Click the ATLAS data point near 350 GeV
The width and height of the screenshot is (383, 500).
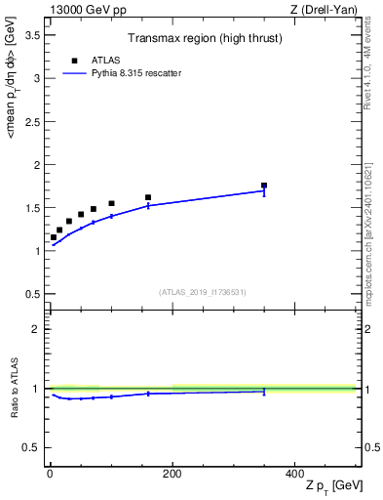tap(264, 185)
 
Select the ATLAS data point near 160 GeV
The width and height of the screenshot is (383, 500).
tap(148, 197)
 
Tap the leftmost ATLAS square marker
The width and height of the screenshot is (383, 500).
tap(54, 237)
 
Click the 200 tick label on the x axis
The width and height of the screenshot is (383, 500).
tap(172, 474)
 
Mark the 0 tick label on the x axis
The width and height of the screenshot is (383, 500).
tap(50, 474)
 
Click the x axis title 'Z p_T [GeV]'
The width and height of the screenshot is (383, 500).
tap(332, 486)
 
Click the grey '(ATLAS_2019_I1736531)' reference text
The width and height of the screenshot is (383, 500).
tap(203, 292)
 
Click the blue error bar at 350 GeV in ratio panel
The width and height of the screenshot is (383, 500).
tap(264, 391)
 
